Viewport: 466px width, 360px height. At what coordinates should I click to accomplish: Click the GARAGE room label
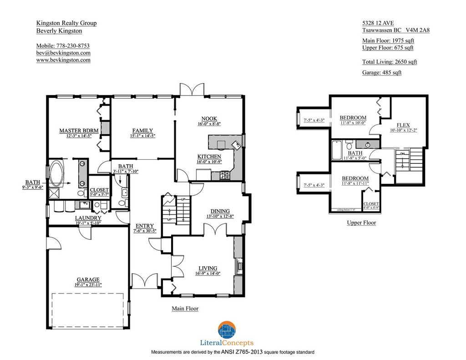click(88, 279)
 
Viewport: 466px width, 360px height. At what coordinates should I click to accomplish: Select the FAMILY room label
click(142, 131)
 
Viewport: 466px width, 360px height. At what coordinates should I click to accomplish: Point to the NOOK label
click(209, 118)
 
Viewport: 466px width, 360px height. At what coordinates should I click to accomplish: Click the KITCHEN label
click(209, 157)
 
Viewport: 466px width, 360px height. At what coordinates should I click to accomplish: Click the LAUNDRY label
click(88, 218)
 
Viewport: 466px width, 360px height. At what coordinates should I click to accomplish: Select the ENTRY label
click(145, 226)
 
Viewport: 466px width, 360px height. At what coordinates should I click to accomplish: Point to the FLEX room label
click(403, 125)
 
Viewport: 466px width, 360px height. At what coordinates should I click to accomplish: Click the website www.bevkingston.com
click(63, 60)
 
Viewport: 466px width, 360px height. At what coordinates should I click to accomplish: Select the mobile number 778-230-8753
click(63, 46)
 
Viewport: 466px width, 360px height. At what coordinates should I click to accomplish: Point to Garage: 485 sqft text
click(381, 72)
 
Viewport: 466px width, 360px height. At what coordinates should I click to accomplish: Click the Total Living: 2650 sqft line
click(389, 62)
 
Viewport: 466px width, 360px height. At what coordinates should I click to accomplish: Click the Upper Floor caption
click(361, 223)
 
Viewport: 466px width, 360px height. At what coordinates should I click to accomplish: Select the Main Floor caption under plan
click(185, 309)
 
